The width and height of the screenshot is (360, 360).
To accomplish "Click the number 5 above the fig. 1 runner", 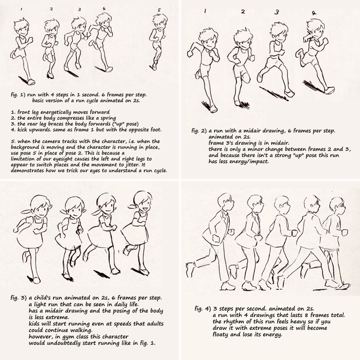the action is click(x=159, y=10).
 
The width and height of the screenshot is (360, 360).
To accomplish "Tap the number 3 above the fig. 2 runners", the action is click(x=277, y=12).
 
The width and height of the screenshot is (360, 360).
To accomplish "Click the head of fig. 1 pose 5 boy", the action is click(x=160, y=21).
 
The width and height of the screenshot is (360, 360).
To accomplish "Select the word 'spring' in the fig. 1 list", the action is click(x=108, y=118).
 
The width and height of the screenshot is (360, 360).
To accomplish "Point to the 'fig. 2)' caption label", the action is click(x=199, y=131).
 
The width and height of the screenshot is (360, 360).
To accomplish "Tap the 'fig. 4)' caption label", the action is click(x=202, y=309).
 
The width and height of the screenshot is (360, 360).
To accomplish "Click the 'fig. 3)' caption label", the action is click(x=18, y=298).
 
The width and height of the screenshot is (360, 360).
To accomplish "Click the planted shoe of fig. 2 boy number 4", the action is click(x=329, y=90).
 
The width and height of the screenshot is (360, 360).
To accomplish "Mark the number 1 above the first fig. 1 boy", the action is click(x=21, y=9).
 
